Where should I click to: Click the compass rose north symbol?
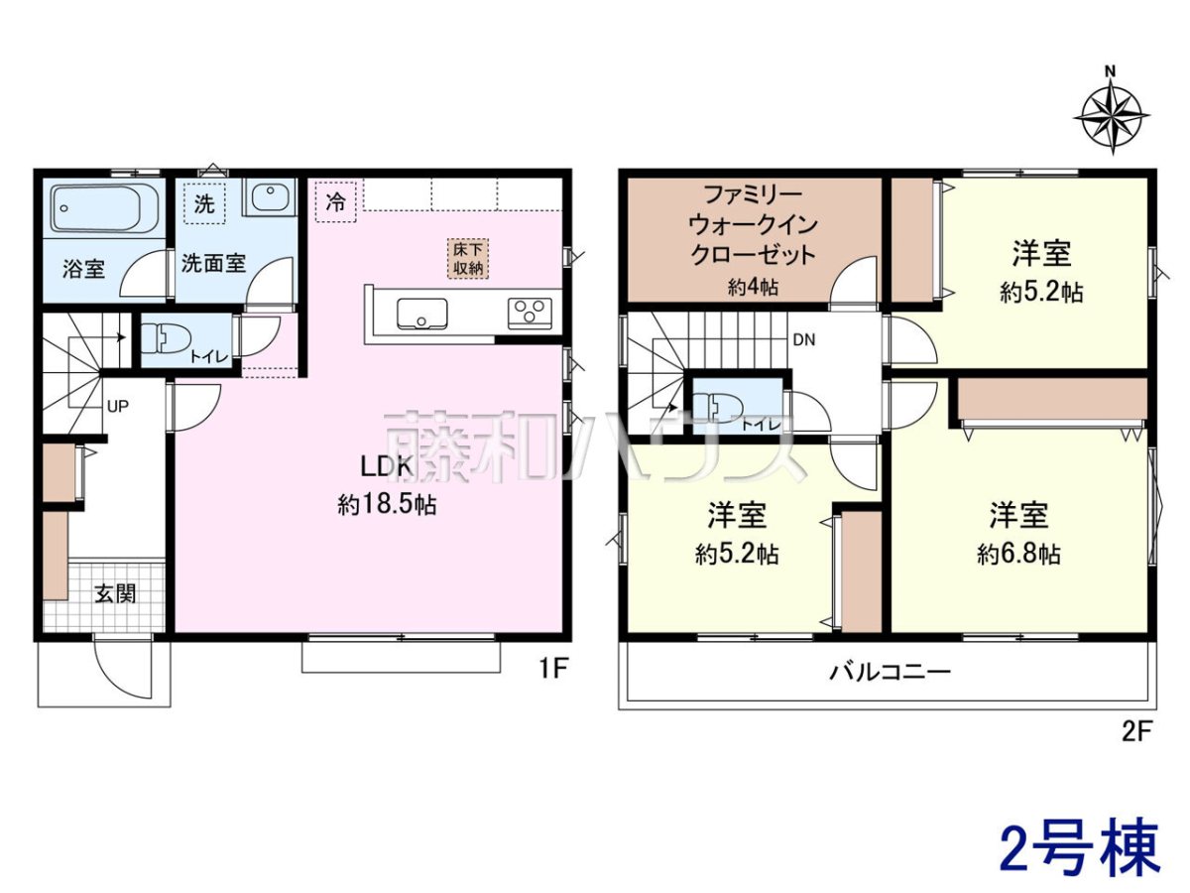pos(1112,117)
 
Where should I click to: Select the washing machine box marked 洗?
pos(204,203)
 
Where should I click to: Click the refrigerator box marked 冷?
pos(335,201)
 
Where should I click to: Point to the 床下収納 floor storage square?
pos(468,259)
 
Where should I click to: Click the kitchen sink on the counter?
pos(422,314)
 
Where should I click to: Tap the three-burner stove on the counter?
pos(530,314)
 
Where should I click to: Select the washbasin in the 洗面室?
pos(270,197)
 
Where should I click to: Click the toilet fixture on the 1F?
pos(165,338)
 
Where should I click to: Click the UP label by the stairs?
pos(118,406)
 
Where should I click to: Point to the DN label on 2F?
pos(804,340)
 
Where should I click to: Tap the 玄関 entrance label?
pos(115,593)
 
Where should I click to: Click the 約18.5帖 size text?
pos(387,505)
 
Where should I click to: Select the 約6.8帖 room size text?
pos(1019,554)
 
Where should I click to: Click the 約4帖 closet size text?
pos(753,288)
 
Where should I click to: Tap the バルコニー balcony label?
pos(891,673)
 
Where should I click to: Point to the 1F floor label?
pos(553,669)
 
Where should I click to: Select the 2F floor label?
pos(1136,732)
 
